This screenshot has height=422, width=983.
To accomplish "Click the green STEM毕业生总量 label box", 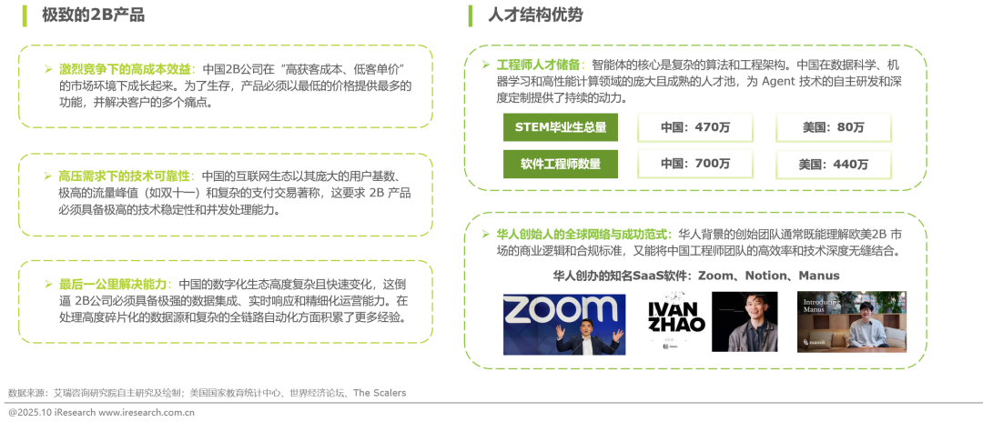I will pos(561,127).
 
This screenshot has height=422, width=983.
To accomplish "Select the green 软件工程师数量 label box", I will pos(561,164).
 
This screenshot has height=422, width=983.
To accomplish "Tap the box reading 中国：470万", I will pos(695,127).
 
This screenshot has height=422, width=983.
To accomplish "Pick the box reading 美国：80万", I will pos(833,127).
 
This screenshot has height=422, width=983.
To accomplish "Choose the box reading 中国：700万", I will pos(695,164).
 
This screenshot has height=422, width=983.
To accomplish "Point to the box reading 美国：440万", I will pos(833,164).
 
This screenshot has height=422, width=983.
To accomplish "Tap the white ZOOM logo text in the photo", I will pos(564,308).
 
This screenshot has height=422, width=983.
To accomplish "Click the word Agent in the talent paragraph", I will pos(778,80).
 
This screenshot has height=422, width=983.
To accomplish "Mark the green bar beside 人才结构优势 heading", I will pos(470,15).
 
